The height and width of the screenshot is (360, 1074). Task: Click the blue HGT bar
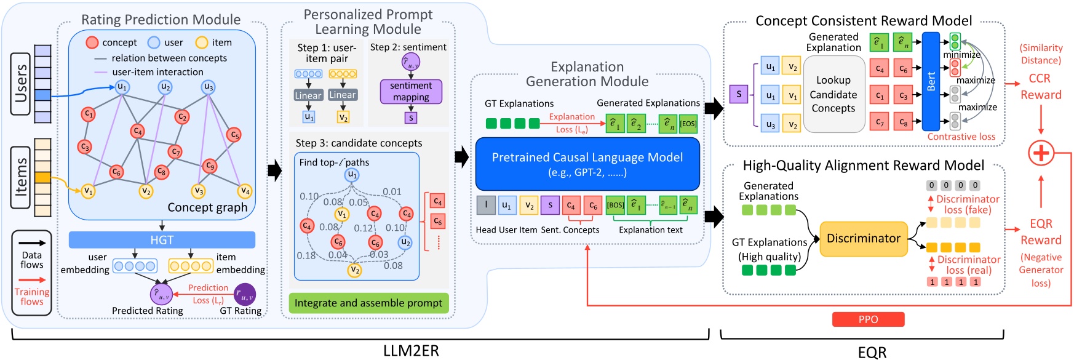coord(162,240)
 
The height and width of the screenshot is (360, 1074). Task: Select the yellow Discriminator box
coord(864,239)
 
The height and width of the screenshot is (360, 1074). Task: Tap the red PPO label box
coord(868,319)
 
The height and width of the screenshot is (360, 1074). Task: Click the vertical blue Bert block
coord(931,81)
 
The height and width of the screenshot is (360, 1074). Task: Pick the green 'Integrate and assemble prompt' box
coord(368,303)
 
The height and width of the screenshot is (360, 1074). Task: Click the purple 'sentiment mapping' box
coord(411,92)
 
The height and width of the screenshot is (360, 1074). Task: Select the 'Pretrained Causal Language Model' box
coord(587,164)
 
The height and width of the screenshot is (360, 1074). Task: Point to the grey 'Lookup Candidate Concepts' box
coord(833,94)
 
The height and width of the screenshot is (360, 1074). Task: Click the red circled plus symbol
coord(1041,153)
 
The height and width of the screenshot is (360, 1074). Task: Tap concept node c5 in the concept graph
coord(234,135)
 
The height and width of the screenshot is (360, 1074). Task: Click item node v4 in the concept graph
coord(245,191)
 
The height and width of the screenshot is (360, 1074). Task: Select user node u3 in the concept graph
coord(209,87)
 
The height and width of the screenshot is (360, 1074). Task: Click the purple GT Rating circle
coord(245,294)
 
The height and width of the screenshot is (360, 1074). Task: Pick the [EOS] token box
coord(688,124)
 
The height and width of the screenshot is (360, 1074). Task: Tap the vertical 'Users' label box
coord(22,84)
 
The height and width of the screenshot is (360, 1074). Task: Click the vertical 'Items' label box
coord(22,177)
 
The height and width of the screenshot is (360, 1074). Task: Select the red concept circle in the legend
coord(92,42)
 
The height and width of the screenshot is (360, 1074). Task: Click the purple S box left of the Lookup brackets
coord(738,94)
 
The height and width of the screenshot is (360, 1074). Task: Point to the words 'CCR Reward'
coord(1041,87)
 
